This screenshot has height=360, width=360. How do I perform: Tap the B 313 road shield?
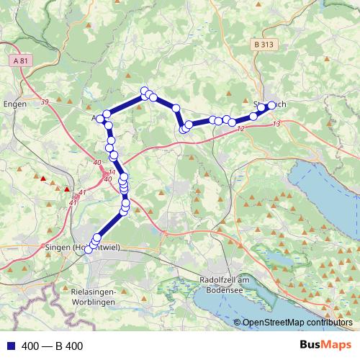pyautogui.click(x=264, y=45)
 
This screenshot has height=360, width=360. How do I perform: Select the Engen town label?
pyautogui.click(x=15, y=104)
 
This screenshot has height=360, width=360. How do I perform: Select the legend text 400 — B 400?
pyautogui.click(x=53, y=346)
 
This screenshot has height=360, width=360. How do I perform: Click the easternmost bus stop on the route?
pyautogui.click(x=272, y=106)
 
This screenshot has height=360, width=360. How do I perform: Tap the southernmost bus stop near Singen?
pyautogui.click(x=89, y=249)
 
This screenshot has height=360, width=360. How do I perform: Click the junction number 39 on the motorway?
pyautogui.click(x=45, y=102)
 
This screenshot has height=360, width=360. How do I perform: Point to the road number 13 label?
pyautogui.click(x=276, y=124)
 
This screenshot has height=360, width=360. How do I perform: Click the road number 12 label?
pyautogui.click(x=240, y=128)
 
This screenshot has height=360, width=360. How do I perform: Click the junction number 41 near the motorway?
pyautogui.click(x=82, y=192)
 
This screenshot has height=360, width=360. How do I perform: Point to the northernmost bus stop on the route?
pyautogui.click(x=145, y=91)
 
